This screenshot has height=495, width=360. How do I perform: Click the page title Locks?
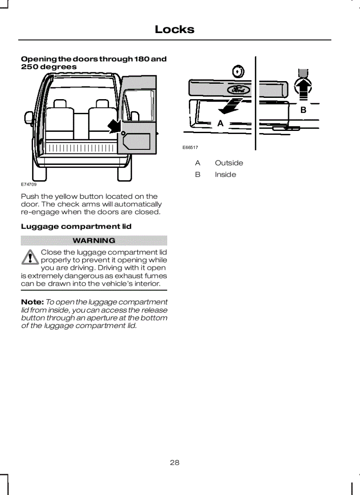(174, 30)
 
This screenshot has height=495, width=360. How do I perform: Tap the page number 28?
(175, 462)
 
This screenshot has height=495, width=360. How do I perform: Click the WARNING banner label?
(94, 241)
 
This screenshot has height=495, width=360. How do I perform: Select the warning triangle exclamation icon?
(30, 257)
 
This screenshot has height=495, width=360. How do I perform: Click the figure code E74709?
(29, 185)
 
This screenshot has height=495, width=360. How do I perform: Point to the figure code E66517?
(190, 148)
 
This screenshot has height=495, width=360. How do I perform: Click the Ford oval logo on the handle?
(238, 90)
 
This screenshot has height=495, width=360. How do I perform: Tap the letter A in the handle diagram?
(221, 124)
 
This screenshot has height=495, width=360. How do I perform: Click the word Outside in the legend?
(229, 163)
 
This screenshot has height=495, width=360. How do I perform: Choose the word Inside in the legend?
(225, 175)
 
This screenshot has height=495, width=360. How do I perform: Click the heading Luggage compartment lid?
(76, 227)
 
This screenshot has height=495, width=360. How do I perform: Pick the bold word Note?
(32, 302)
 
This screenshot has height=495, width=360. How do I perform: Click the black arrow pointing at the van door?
(115, 126)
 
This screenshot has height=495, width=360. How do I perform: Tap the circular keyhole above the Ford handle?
(238, 71)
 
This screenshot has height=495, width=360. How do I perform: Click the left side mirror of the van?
(29, 118)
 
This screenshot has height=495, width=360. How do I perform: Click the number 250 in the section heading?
(30, 67)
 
